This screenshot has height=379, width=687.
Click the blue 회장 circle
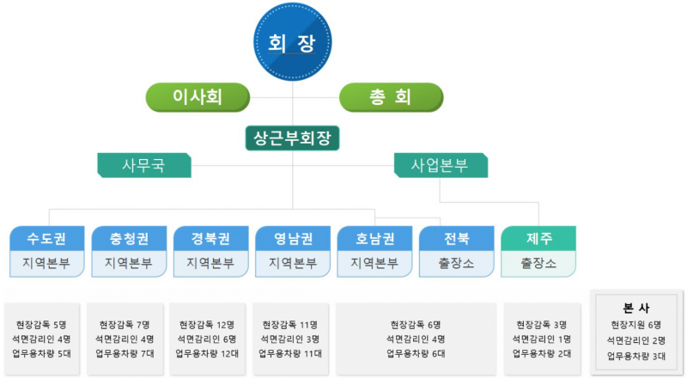click(x=293, y=42)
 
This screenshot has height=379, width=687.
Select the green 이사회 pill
click(x=198, y=97)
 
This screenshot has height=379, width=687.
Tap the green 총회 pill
click(x=392, y=97)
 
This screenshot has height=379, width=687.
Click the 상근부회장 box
click(x=292, y=138)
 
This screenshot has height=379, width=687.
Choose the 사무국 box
click(x=144, y=165)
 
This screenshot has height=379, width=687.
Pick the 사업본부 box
click(x=441, y=165)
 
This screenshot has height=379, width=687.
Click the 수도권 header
click(x=47, y=239)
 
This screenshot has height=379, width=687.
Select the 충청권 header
click(x=129, y=239)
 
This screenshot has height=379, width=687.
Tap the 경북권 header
click(x=210, y=239)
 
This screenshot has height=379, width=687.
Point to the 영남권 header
click(x=293, y=239)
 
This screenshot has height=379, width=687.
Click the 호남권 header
click(x=374, y=239)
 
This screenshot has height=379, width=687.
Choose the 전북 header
click(x=457, y=239)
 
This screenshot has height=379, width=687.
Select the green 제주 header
click(x=538, y=239)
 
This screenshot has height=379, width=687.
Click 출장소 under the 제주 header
click(x=538, y=263)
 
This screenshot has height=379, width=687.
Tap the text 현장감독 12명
click(x=207, y=325)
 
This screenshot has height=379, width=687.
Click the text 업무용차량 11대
click(x=290, y=353)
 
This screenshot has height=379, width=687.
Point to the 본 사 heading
click(x=635, y=308)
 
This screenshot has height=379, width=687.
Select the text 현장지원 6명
click(x=636, y=325)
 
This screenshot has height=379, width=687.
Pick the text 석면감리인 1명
click(x=542, y=339)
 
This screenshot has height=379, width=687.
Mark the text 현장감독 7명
click(x=125, y=325)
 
